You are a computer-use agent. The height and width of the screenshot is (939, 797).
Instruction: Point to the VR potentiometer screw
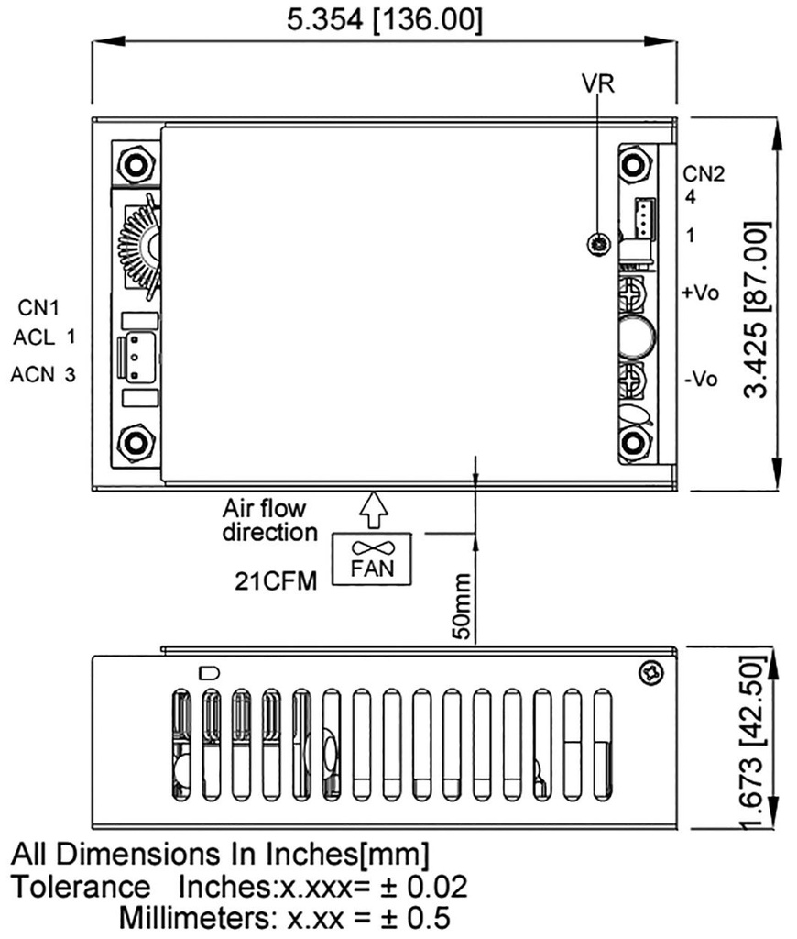pyautogui.click(x=598, y=244)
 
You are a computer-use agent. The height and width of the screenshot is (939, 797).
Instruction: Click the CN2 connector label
pyautogui.click(x=704, y=175)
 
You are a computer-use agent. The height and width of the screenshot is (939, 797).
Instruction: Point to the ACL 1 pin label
pyautogui.click(x=45, y=337)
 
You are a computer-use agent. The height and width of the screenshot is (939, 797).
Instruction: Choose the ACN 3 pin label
pyautogui.click(x=45, y=374)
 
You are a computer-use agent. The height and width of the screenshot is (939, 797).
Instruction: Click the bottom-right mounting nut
pyautogui.click(x=630, y=443)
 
